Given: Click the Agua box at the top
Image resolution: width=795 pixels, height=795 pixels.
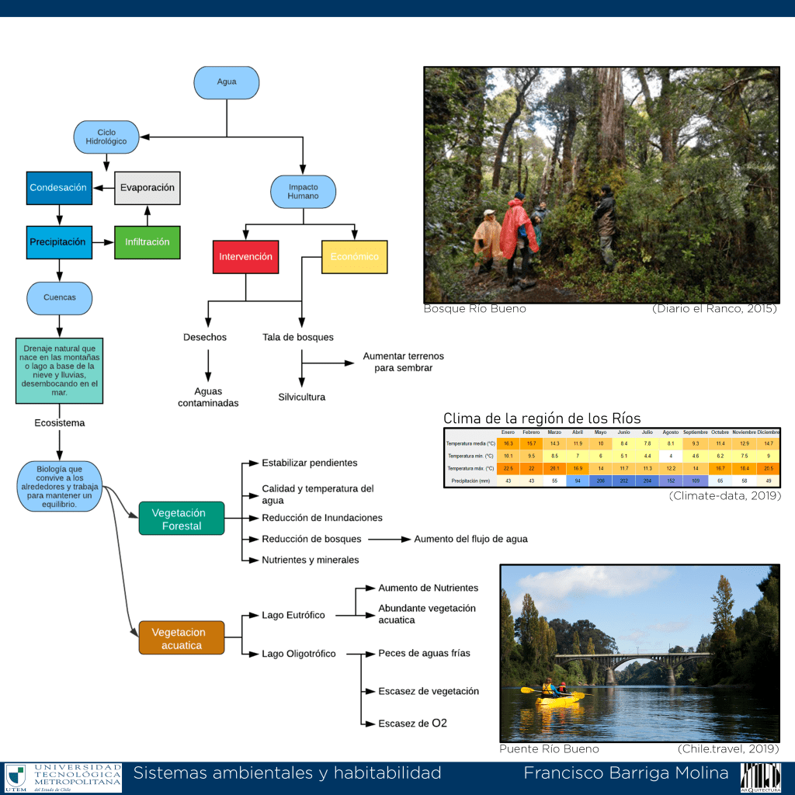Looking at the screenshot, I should [227, 82].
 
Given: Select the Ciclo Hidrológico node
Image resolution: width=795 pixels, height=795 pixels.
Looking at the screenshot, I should [106, 137].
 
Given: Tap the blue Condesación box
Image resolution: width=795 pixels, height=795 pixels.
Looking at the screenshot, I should [59, 188].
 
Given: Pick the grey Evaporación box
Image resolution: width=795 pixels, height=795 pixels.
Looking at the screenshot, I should [148, 188].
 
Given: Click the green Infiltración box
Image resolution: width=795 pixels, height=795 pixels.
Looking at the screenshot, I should [148, 242].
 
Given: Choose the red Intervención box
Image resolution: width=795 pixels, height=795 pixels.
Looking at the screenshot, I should [245, 257].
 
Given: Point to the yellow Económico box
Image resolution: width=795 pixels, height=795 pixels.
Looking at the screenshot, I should [354, 257].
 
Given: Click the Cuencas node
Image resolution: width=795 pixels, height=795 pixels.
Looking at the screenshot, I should [60, 297].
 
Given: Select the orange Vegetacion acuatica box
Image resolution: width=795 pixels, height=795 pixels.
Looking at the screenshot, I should [182, 639].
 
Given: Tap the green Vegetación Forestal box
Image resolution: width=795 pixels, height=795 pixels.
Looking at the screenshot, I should [182, 519].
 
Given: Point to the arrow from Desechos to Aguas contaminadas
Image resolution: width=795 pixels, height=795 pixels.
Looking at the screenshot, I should [207, 364].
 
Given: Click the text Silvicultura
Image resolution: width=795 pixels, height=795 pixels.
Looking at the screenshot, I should [302, 397].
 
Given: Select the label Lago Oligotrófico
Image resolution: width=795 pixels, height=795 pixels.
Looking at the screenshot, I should [299, 654].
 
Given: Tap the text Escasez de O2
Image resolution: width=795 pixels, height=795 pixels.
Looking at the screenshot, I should [412, 724].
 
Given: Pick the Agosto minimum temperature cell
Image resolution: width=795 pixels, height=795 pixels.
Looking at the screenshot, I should [670, 456].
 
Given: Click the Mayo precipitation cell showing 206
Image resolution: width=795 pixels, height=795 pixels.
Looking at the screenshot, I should [600, 481].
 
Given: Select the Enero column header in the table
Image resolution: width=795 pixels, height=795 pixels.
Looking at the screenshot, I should [508, 432].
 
